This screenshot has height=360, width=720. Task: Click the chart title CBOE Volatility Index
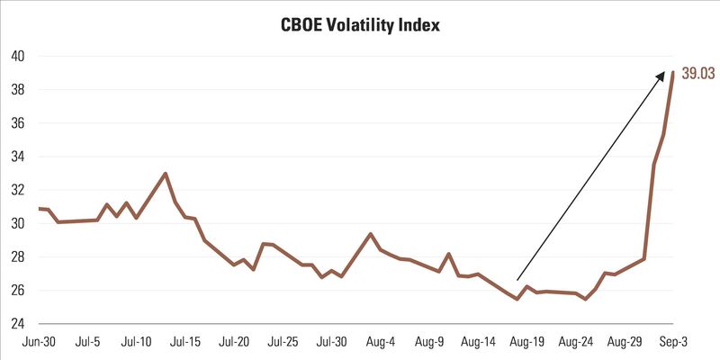tap(360, 24)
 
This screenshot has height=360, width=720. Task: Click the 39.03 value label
tap(698, 74)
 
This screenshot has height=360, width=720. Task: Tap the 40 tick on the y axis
tap(16, 56)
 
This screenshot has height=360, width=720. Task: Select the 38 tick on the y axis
tap(16, 90)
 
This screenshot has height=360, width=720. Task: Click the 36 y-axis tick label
tap(16, 123)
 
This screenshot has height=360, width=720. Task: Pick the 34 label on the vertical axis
tap(16, 157)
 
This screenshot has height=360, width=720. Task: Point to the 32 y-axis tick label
tap(16, 190)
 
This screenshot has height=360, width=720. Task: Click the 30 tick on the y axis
tap(16, 223)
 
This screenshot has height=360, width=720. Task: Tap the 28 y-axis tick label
tap(16, 256)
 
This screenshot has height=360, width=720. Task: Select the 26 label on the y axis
tap(16, 291)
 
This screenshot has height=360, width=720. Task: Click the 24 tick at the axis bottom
tap(16, 324)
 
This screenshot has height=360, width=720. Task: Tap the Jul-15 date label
tap(184, 342)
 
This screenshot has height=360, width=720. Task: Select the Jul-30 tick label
tap(331, 342)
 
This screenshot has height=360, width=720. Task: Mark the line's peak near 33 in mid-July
tap(165, 174)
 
